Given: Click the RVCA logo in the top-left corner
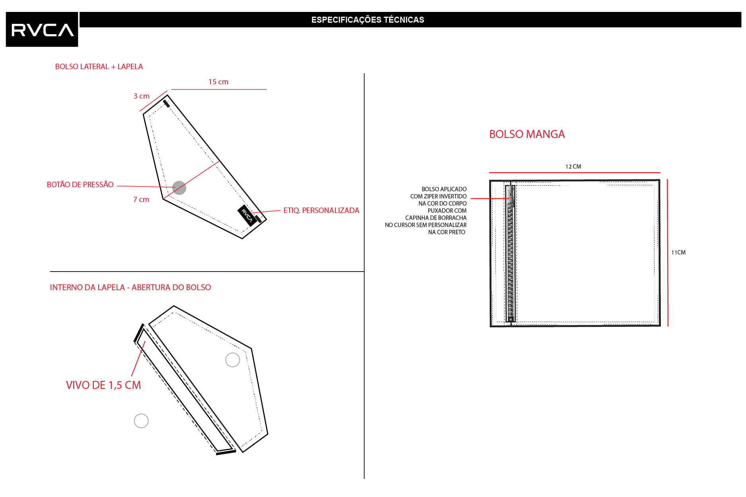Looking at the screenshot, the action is (x=42, y=29).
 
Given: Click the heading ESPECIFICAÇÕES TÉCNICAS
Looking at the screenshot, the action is (x=368, y=20).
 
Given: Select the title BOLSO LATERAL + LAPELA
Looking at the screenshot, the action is (x=99, y=66).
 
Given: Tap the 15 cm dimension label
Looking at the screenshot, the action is (x=218, y=82).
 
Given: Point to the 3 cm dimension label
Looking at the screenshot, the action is (x=142, y=96).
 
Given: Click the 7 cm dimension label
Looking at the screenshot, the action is (x=141, y=199).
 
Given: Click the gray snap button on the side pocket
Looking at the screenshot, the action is (x=179, y=188).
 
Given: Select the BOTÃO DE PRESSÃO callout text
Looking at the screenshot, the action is (x=80, y=184).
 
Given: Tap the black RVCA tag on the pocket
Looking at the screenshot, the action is (x=247, y=215).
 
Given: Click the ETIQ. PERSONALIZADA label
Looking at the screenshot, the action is (x=321, y=210).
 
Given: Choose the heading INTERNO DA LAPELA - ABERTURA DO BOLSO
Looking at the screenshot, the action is (x=131, y=287).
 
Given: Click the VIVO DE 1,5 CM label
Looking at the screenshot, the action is (x=103, y=385).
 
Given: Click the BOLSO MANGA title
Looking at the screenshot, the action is (x=527, y=134).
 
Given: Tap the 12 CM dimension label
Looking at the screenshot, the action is (x=573, y=167).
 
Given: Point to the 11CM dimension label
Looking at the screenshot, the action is (x=678, y=252).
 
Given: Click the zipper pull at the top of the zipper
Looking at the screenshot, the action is (x=510, y=195).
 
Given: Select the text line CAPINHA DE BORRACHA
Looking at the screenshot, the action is (x=436, y=218).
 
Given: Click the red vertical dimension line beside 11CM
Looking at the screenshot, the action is (x=668, y=253).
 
